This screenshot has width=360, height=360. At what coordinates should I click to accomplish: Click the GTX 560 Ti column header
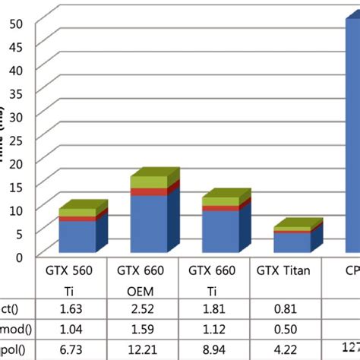coord(73,279)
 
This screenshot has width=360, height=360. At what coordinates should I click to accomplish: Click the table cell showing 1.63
coord(73,308)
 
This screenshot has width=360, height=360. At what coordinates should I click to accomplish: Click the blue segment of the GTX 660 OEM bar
coord(148,224)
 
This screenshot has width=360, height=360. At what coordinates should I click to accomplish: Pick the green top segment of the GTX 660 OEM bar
coord(148,182)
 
